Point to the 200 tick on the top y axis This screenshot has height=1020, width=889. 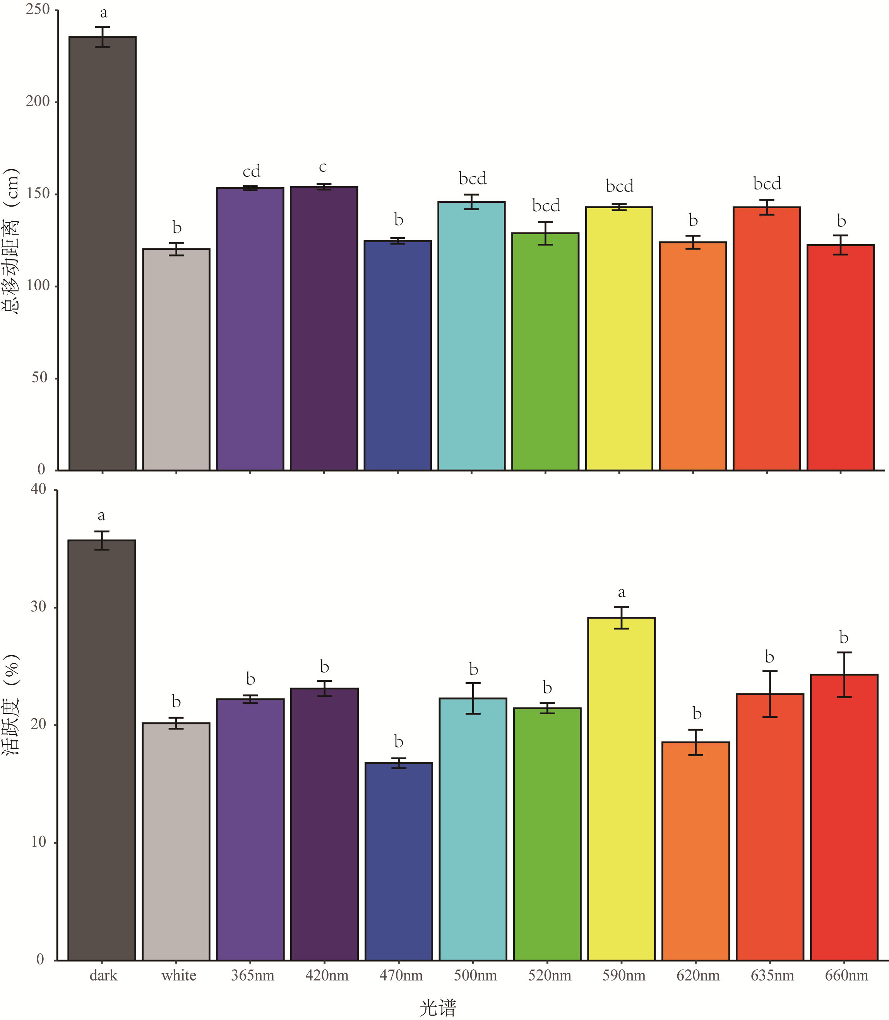coord(38,102)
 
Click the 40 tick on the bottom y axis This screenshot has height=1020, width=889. coord(38,489)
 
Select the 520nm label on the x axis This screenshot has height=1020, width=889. coord(549,976)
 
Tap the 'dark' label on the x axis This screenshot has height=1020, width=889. coord(103,976)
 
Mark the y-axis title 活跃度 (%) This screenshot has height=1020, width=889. coord(11,705)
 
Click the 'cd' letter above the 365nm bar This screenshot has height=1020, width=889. coord(252,171)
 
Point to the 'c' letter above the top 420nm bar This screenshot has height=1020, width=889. coord(323,167)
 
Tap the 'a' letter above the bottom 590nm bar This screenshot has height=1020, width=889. coord(622,592)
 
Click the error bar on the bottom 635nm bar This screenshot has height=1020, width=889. coord(769,694)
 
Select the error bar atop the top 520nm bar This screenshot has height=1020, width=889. coord(545,233)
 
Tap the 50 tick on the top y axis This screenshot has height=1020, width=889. coord(40,378)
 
